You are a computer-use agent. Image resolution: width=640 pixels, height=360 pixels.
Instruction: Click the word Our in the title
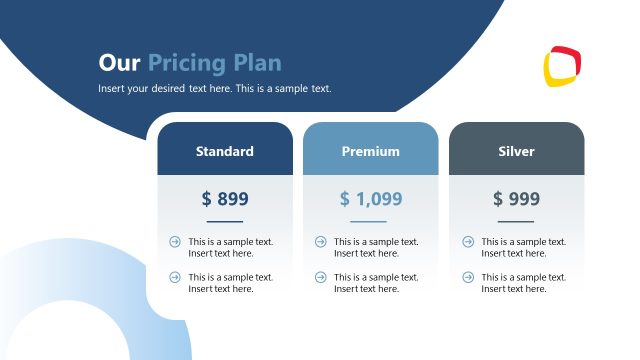(120, 63)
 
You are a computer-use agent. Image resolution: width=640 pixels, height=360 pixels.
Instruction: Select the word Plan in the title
(258, 63)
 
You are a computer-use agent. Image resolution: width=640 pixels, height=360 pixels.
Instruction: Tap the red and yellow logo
(563, 67)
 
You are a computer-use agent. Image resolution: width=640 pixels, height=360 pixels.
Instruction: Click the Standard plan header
(224, 151)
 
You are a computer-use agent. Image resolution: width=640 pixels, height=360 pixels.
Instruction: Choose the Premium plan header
(370, 151)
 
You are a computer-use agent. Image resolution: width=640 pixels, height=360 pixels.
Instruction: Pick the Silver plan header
(516, 151)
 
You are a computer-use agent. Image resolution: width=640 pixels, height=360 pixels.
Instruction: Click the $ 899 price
(224, 199)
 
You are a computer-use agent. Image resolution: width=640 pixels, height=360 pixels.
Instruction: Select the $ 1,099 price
(370, 199)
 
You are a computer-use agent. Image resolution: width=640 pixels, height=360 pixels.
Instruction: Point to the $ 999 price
(516, 199)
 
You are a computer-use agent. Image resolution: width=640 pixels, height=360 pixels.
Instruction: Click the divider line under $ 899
(224, 221)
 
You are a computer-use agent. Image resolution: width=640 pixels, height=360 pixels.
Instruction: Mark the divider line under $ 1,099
(370, 221)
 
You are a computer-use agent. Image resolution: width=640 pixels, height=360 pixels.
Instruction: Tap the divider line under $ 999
(516, 221)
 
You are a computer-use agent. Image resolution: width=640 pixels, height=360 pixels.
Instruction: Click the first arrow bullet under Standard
(175, 241)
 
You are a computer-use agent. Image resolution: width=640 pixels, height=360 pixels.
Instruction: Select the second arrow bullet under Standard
(175, 277)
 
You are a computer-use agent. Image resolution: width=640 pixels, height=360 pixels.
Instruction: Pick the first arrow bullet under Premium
(321, 241)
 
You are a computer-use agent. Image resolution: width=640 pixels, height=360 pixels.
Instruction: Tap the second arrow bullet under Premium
(321, 277)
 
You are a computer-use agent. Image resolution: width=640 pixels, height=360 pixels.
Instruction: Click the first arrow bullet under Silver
(467, 241)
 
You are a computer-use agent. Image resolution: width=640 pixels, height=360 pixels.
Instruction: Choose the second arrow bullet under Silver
(467, 277)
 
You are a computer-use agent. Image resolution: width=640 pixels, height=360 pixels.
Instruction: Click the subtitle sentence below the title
(214, 89)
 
